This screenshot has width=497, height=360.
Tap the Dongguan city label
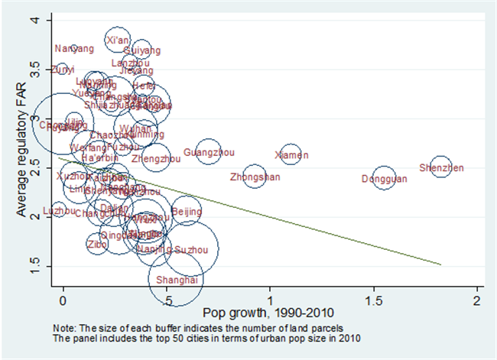point(384,180)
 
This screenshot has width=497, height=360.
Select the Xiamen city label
point(291,156)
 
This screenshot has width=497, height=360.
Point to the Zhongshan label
point(255,178)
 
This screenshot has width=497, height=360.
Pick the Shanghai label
point(177,280)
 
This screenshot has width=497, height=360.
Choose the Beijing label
point(187,212)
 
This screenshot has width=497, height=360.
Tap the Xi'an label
point(117,39)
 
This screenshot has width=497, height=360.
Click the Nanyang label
point(74,49)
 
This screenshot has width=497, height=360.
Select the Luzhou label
point(59,211)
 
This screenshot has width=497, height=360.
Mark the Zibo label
point(97,245)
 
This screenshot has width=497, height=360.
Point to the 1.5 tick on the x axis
point(374,300)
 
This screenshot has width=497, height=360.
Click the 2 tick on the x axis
point(477,300)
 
